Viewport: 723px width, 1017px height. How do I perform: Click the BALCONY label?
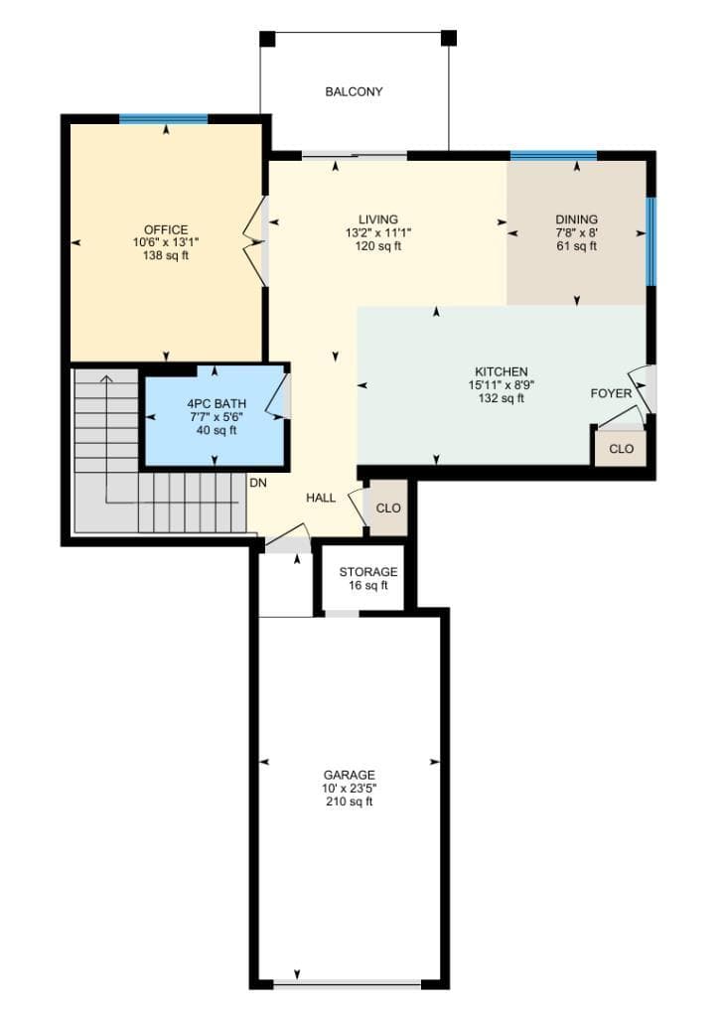354,92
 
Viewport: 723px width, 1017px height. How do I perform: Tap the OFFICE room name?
166,229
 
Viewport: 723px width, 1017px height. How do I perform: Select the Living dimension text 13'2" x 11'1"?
378,232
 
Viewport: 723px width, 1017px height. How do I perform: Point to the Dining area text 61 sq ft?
576,246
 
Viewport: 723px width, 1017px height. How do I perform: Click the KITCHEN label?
502,371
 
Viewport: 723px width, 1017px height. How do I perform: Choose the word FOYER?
611,393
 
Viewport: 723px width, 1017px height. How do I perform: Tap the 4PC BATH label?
217,404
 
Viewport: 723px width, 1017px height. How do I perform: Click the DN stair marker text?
258,484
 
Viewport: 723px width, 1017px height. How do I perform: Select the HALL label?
321,498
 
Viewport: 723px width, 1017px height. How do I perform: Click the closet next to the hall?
388,508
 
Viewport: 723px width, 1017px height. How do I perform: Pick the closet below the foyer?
621,448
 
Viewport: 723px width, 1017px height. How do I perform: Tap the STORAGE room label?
368,572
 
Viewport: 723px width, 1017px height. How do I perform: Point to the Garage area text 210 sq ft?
350,801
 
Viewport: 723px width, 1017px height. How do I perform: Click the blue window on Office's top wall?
164,119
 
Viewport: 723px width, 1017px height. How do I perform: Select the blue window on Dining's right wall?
651,241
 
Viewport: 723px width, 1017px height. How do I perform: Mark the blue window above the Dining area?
553,155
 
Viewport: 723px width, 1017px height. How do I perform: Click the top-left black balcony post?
267,39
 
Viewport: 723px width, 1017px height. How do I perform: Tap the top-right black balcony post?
449,38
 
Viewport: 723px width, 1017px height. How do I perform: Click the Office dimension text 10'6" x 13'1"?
166,242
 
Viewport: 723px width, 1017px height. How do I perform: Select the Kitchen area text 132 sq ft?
502,398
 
